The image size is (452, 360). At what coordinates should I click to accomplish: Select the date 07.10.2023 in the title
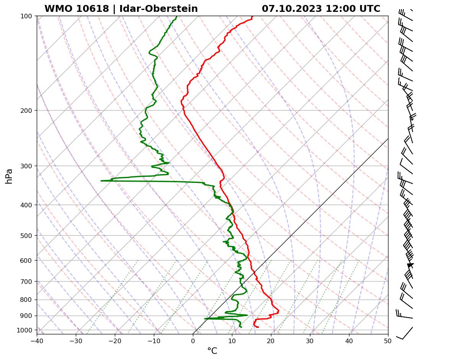(x=292, y=9)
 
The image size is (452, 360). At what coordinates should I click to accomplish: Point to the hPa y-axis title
(x=9, y=176)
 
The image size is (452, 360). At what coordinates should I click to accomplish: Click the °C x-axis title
(x=212, y=351)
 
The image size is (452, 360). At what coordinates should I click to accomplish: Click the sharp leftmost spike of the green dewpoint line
(x=101, y=181)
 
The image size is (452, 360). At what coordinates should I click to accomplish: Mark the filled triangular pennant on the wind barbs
(x=411, y=265)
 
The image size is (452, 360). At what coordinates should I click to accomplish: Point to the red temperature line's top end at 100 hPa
(x=252, y=16)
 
